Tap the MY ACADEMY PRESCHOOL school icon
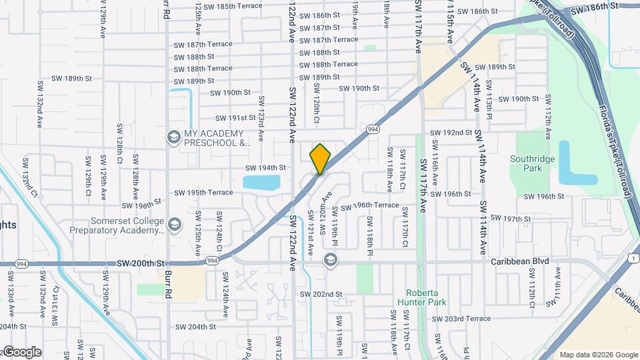pos(174,137)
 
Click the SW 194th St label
pos(265,168)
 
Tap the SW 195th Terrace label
pos(203,193)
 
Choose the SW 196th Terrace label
pos(370,205)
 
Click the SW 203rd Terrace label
pos(461,319)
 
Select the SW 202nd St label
pos(321,294)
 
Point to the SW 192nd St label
pos(451,133)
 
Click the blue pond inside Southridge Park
pos(575,163)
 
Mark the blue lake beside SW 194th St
pos(261,182)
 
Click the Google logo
pos(21,352)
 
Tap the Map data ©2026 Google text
pos(597,355)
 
